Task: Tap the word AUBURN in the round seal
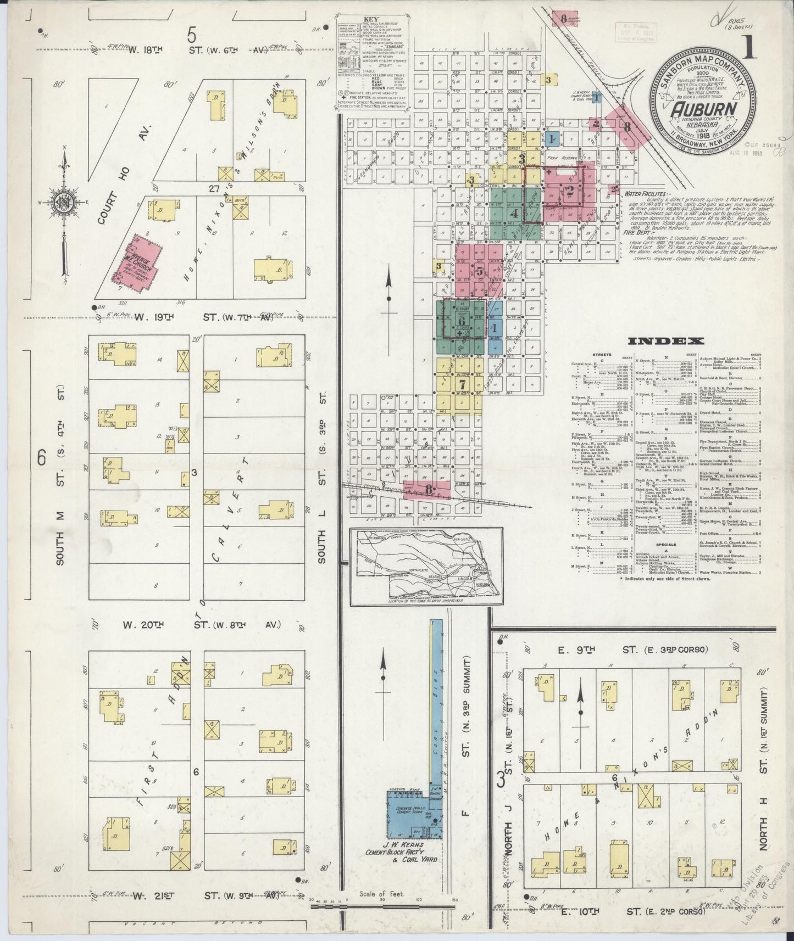coord(703,109)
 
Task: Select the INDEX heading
coord(666,341)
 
